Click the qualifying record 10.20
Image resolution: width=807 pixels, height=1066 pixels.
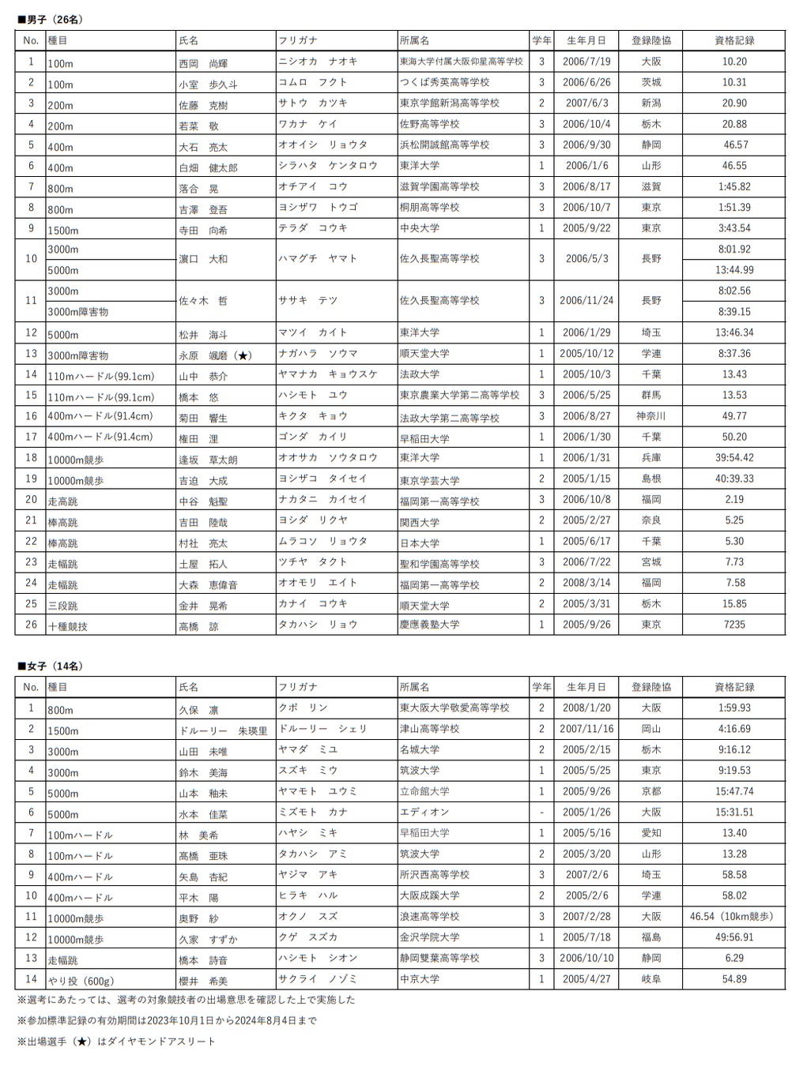(733, 62)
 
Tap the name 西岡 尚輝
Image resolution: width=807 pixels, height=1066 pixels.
(203, 63)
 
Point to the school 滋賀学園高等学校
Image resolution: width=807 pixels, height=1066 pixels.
(439, 187)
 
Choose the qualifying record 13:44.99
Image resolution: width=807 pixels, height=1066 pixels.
(733, 270)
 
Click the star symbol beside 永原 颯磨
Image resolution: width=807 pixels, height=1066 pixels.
(243, 355)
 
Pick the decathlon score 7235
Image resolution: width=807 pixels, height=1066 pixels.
(733, 625)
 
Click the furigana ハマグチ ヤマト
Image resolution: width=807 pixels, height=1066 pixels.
(319, 258)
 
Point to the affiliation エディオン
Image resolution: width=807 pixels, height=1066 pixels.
(424, 812)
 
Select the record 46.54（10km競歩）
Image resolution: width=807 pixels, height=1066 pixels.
(731, 917)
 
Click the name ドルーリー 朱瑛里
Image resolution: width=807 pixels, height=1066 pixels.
(224, 731)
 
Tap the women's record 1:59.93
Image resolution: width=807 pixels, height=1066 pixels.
(733, 708)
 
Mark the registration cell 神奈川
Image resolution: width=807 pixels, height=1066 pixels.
(651, 416)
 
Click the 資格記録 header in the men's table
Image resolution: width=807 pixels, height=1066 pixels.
(733, 40)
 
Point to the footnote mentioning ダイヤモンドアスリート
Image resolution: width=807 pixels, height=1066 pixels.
(116, 1042)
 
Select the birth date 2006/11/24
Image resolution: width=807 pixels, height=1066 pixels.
(586, 301)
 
